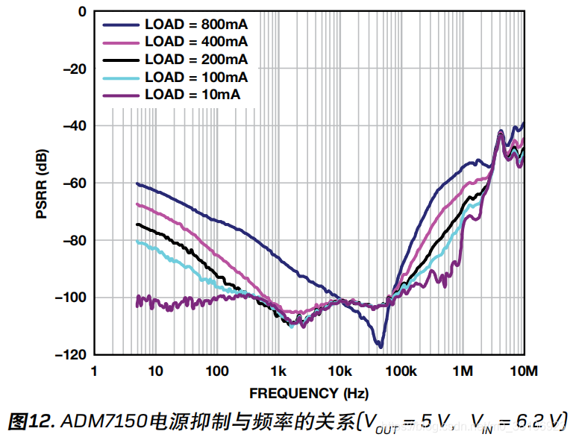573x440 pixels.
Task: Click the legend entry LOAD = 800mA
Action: [x=196, y=23]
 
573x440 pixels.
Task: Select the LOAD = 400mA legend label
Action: [x=196, y=41]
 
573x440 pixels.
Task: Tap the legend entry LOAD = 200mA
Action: [x=196, y=59]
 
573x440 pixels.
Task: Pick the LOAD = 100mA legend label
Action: [x=196, y=77]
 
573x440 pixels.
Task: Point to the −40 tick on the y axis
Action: [x=74, y=126]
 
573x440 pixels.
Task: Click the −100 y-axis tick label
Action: [x=71, y=298]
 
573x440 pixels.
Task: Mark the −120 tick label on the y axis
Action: [x=71, y=354]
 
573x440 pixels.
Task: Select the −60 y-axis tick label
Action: [x=74, y=183]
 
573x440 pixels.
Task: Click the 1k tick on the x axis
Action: [x=278, y=371]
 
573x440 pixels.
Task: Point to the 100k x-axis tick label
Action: [x=401, y=371]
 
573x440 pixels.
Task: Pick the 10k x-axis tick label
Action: [x=339, y=371]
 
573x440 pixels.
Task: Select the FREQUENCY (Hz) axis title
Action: [x=309, y=393]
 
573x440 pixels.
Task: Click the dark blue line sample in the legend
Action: [x=120, y=23]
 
